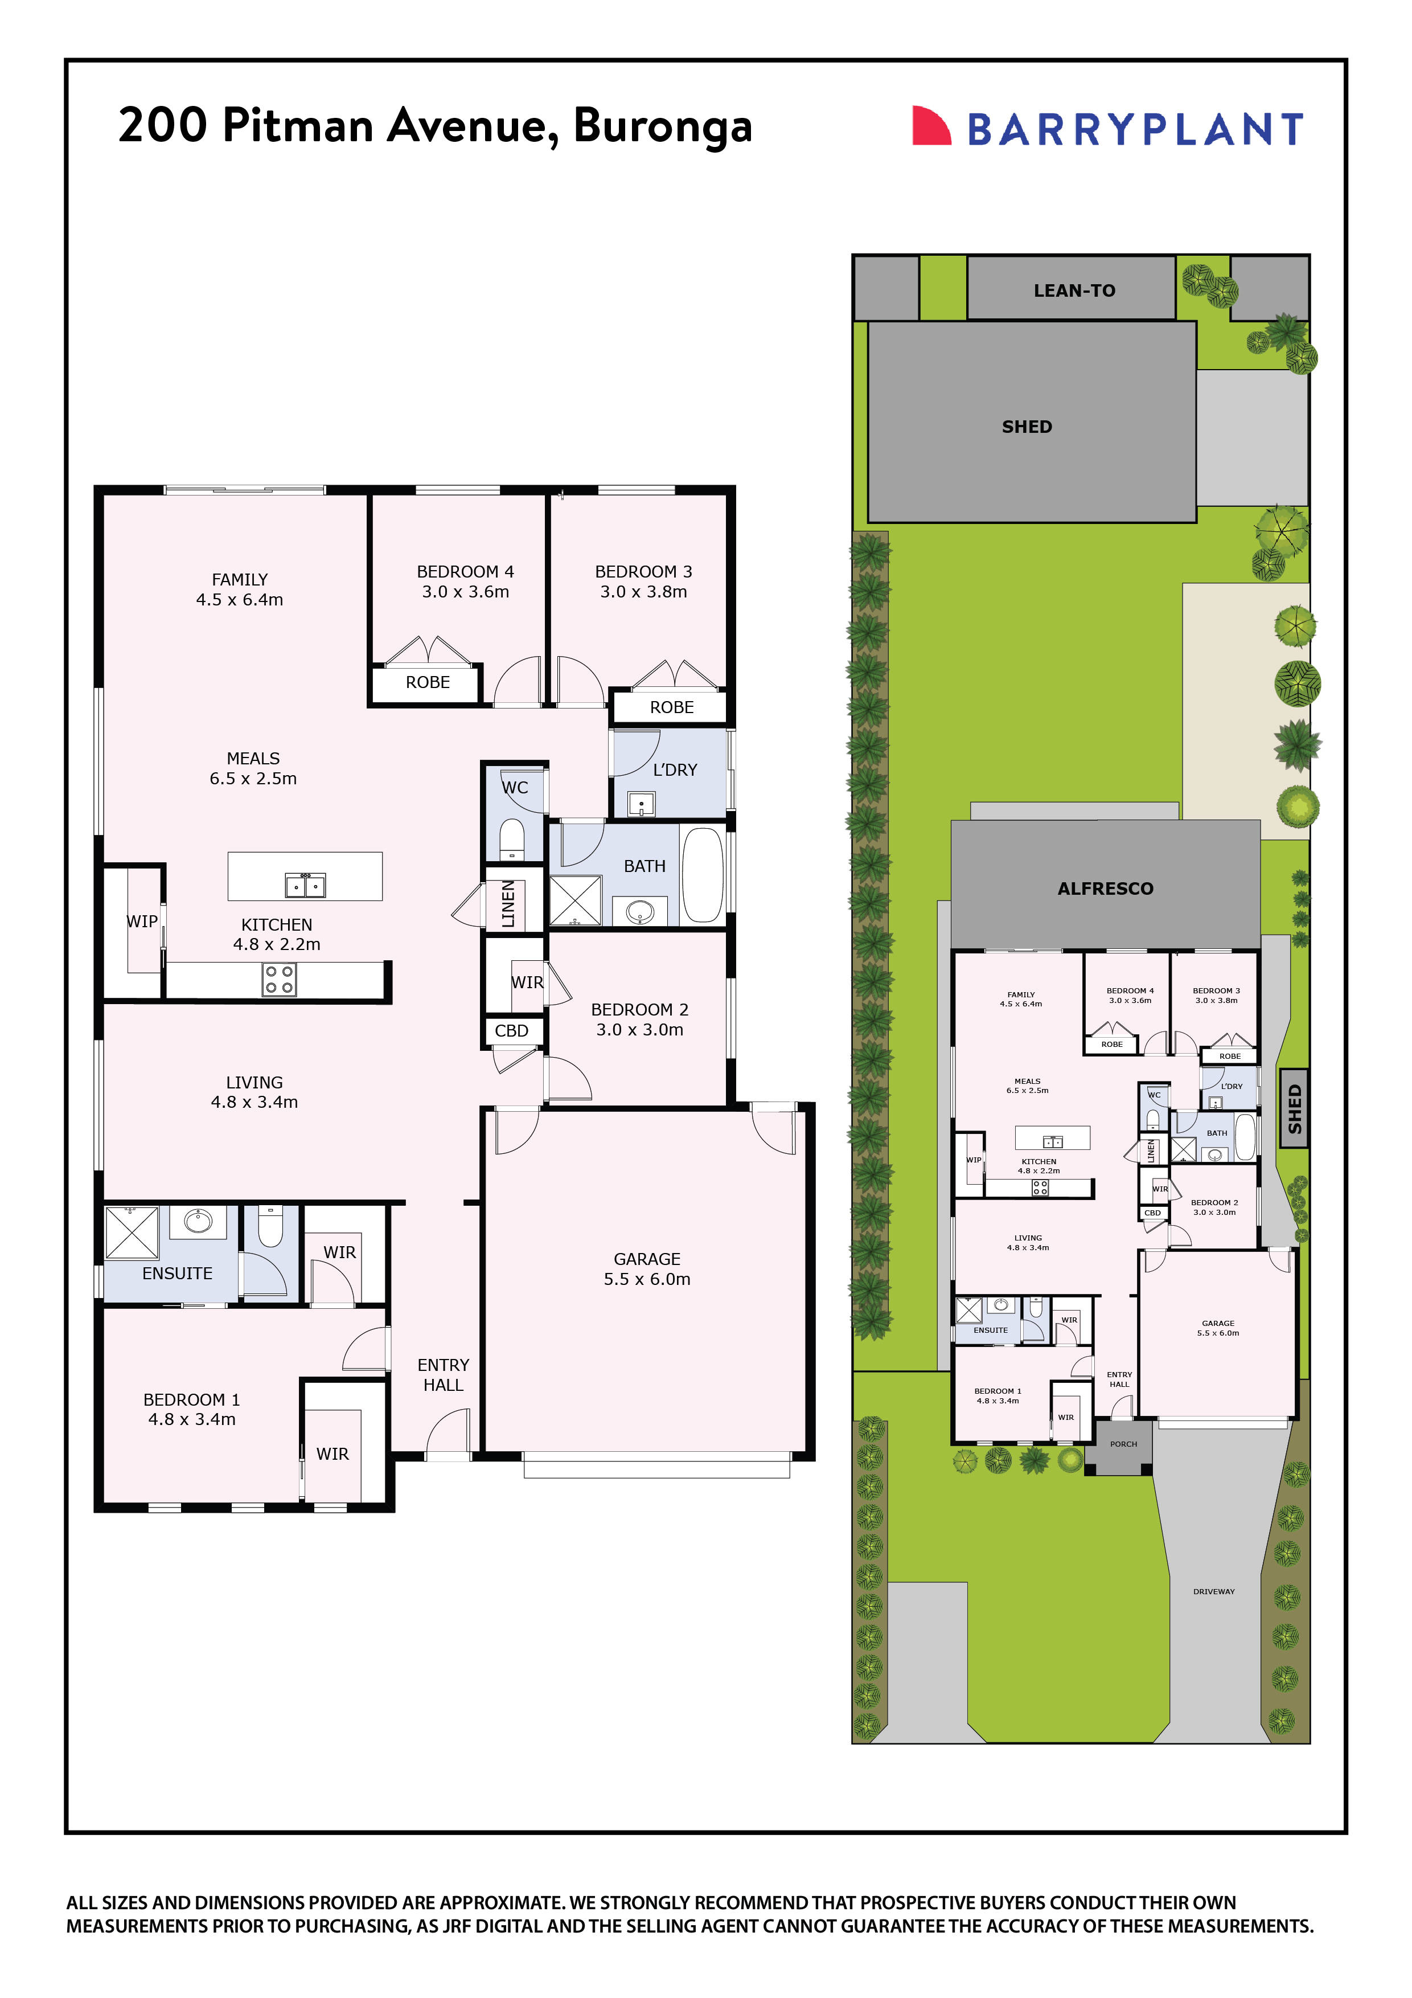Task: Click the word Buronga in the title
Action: point(662,126)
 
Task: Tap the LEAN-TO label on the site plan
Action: point(1074,290)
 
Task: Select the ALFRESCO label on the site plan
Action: point(1105,889)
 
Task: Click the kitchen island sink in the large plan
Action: point(305,886)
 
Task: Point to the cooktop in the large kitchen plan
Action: point(279,979)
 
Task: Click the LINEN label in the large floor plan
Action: point(510,903)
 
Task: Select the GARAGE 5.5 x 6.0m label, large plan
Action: point(646,1269)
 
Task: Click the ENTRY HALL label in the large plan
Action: point(443,1375)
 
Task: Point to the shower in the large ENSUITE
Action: point(132,1232)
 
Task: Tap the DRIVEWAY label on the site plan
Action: point(1214,1591)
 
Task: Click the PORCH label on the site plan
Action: point(1123,1444)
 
